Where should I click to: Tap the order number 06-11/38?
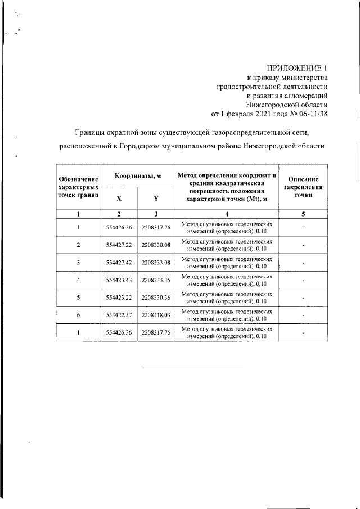(309, 114)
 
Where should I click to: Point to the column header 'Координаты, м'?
(138, 176)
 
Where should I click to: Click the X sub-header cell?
(119, 198)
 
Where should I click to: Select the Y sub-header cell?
(156, 198)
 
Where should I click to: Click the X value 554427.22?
(119, 245)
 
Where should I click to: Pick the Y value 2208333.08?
(156, 263)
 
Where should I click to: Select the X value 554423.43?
(119, 280)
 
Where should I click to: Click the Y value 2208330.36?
(156, 298)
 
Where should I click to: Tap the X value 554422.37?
(119, 315)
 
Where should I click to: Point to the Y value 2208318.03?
(156, 315)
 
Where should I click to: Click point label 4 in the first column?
(78, 280)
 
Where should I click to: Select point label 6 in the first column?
(78, 315)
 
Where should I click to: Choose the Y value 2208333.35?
(156, 280)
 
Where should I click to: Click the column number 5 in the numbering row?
(303, 214)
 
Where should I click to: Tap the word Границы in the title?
(93, 132)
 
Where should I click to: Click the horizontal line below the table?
(191, 368)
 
